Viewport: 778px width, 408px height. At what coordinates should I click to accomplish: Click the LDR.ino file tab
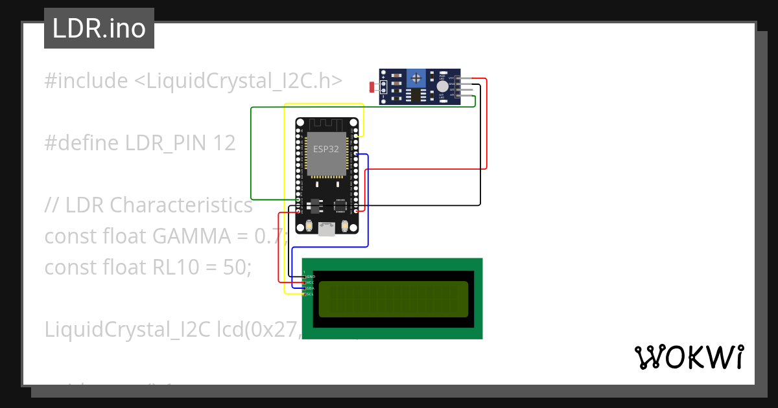point(99,28)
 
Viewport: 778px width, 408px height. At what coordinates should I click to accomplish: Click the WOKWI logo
point(689,357)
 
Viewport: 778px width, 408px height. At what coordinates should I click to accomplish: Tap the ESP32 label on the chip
point(326,148)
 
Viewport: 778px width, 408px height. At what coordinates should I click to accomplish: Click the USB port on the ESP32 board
point(327,227)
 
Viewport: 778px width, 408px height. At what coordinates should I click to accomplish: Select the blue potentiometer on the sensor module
point(415,78)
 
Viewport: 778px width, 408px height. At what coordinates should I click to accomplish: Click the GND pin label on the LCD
point(310,277)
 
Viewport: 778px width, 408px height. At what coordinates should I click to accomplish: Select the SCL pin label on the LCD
point(309,294)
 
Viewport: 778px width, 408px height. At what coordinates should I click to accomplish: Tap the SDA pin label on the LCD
point(309,288)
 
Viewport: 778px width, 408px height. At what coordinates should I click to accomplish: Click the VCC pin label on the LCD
point(309,282)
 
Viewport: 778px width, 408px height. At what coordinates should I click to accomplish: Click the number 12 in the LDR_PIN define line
point(224,143)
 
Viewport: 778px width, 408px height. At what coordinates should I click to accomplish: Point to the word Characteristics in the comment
point(181,205)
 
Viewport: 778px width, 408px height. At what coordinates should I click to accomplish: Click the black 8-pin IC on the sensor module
point(413,95)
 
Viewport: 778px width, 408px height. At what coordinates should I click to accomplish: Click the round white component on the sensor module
point(442,86)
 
